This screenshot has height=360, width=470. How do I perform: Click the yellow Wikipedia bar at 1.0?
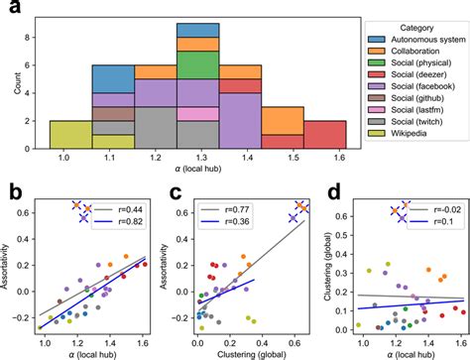70,134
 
